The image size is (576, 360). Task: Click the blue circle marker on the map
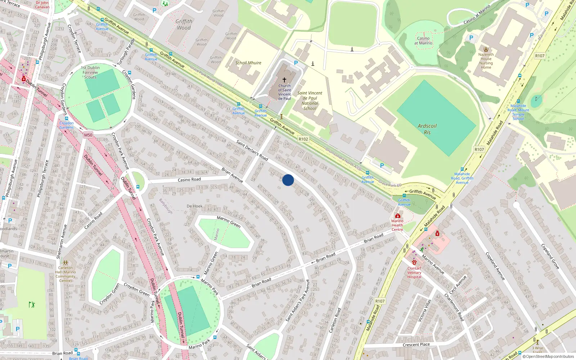[x=288, y=180]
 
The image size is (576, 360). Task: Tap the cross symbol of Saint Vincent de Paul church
[x=284, y=80]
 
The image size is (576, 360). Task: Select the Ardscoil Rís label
[x=427, y=129]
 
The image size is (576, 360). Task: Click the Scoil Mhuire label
[x=248, y=63]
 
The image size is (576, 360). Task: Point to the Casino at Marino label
[x=423, y=41]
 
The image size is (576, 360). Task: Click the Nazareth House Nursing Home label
[x=486, y=61]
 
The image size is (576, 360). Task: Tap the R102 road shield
[x=303, y=139]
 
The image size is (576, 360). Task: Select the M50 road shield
[x=88, y=135]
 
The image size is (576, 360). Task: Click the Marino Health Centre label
[x=397, y=225]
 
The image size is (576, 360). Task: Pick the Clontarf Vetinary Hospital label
[x=414, y=273]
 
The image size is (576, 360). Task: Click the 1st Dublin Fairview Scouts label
[x=90, y=72]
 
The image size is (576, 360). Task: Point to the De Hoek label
[x=194, y=206]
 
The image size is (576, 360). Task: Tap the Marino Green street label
[x=229, y=221]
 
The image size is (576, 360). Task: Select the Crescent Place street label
[x=416, y=345]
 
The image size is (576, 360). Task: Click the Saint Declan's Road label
[x=252, y=150]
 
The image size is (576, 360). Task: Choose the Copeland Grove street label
[x=550, y=256]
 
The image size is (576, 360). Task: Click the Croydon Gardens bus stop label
[x=66, y=125]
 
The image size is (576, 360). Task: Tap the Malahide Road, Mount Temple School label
[x=518, y=112]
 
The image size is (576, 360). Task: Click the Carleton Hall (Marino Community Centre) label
[x=66, y=274]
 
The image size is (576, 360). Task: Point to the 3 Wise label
[x=539, y=348]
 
